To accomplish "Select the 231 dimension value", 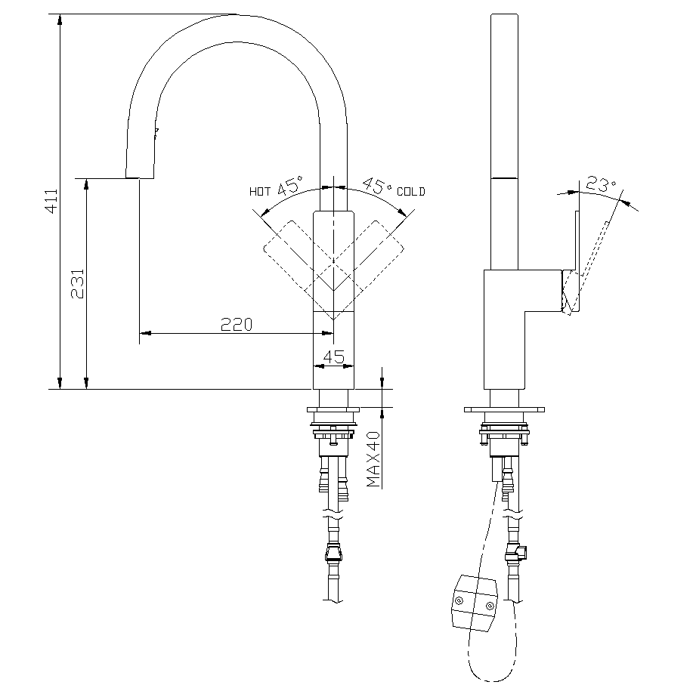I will click(x=77, y=283).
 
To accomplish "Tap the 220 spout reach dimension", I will click(x=236, y=324).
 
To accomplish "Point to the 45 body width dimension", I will click(x=333, y=356).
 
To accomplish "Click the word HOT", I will click(x=260, y=192).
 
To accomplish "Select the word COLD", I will click(x=411, y=192).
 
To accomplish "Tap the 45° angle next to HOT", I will click(x=289, y=186).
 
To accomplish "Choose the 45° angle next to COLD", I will click(x=378, y=186).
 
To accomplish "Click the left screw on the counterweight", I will click(x=458, y=600).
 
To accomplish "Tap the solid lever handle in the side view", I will click(x=576, y=261).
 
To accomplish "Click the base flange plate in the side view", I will click(x=504, y=410).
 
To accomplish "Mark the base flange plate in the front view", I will click(x=333, y=410).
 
